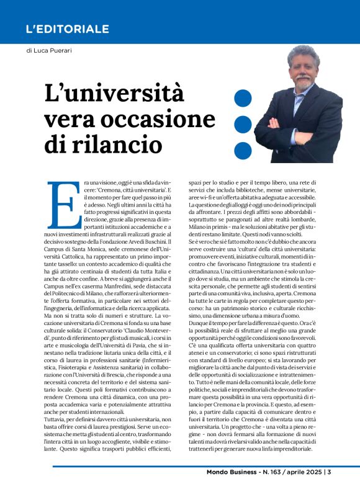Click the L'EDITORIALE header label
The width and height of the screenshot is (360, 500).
(68, 29)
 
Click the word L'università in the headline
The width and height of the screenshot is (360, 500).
(114, 94)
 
